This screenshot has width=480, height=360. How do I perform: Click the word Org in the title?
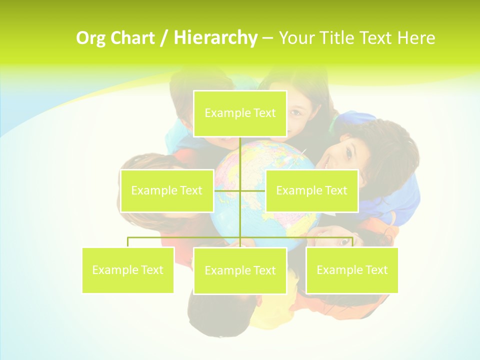pos(91,38)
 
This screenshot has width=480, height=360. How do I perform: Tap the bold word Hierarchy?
pos(215,38)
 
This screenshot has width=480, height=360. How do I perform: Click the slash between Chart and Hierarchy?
pos(163,38)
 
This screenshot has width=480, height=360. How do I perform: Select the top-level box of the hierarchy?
pos(240,113)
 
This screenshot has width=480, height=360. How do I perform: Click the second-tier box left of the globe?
pos(167,190)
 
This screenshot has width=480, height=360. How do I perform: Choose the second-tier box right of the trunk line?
pos(311,190)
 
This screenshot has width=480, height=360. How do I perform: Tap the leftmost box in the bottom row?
pos(128,270)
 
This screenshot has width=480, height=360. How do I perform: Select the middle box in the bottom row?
pos(240,270)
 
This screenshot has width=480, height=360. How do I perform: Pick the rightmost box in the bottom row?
pos(352,270)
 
